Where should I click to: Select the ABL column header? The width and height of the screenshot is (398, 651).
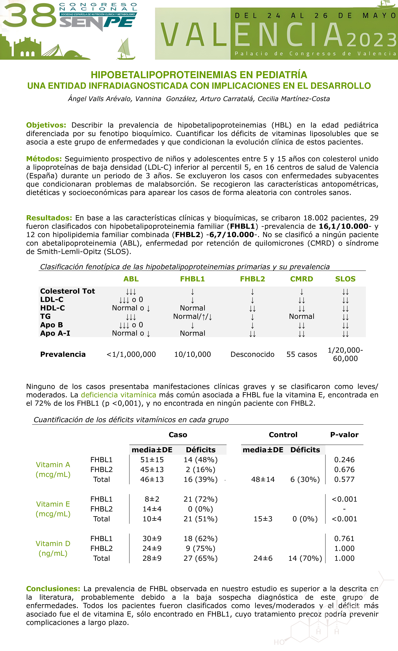[131, 279]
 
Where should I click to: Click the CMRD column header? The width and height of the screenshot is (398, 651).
[302, 279]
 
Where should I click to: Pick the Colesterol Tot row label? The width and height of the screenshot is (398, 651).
[67, 291]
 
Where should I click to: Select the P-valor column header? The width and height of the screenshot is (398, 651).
[344, 435]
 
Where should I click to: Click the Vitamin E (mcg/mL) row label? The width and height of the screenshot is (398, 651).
[53, 509]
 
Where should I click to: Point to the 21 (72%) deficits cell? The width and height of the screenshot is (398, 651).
[200, 499]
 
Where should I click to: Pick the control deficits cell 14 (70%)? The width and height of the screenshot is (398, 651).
[305, 558]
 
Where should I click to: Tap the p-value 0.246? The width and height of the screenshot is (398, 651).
[344, 460]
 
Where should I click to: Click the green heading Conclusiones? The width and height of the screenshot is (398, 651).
[53, 589]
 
